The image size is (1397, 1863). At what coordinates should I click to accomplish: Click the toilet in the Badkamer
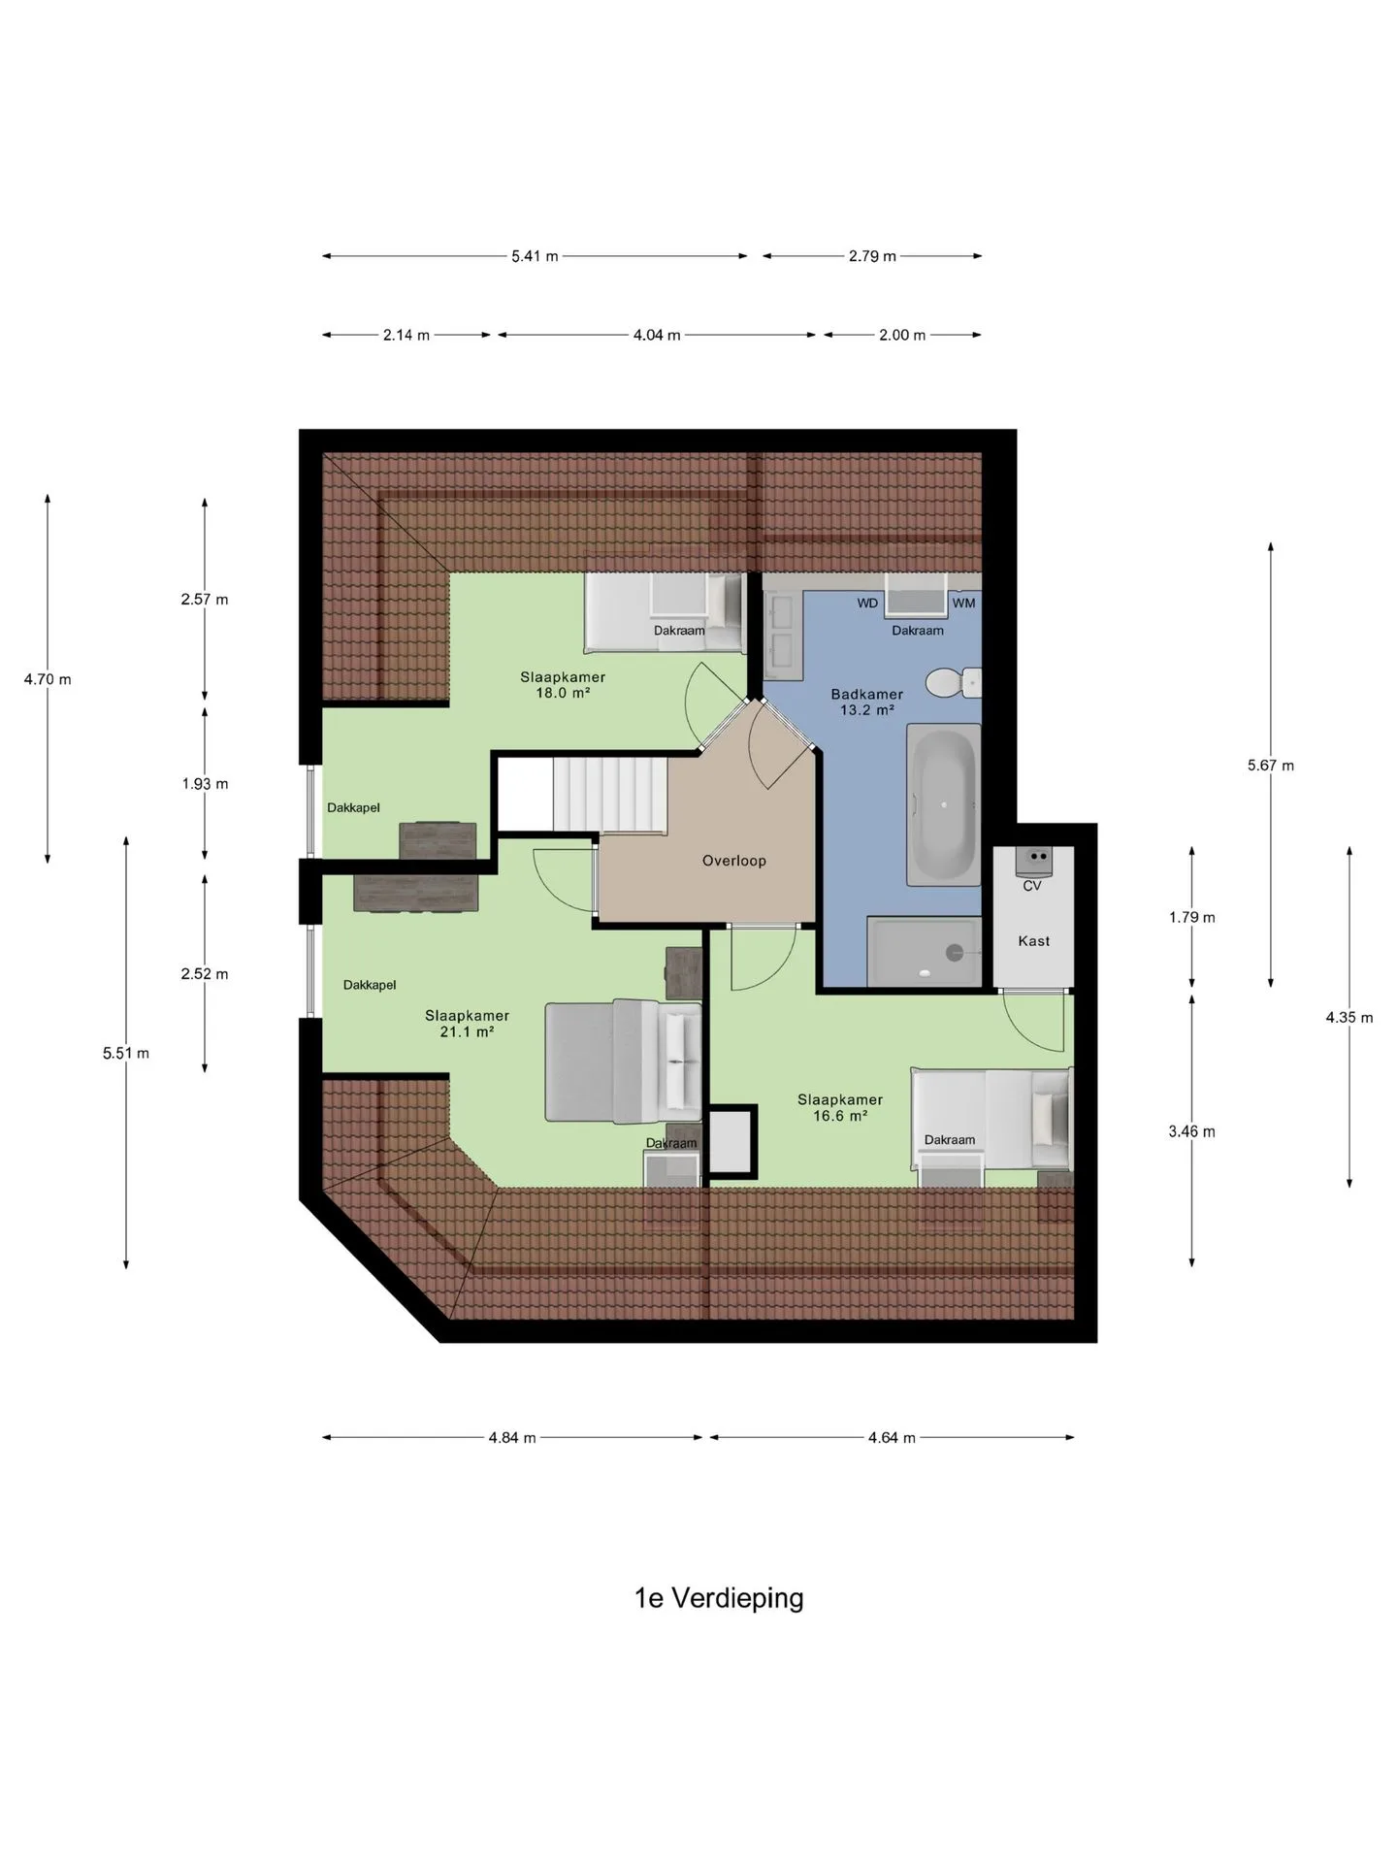tap(953, 682)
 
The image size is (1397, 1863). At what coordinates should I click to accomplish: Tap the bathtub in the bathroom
tap(944, 804)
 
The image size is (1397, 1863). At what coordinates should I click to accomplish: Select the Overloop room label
tap(734, 861)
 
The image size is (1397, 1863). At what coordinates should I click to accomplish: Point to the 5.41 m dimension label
tap(536, 256)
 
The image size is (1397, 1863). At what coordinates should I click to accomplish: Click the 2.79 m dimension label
tap(872, 256)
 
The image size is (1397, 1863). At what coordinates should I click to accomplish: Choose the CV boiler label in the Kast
tap(1032, 886)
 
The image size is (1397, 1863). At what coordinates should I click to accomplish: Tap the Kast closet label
tap(1034, 941)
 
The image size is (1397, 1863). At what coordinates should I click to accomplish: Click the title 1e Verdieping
tap(719, 1598)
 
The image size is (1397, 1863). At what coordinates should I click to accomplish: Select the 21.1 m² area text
tap(468, 1032)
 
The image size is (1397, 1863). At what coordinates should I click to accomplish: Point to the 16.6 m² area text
tap(840, 1116)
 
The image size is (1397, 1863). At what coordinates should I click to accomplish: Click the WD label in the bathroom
tap(867, 604)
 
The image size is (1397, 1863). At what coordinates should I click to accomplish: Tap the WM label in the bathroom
tap(963, 604)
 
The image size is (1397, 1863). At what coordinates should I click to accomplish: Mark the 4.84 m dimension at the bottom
tap(512, 1438)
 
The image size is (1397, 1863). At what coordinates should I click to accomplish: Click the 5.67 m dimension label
tap(1271, 766)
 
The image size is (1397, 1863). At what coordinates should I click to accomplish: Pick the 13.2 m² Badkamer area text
tap(867, 710)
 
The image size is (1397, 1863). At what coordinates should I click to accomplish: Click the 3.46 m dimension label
tap(1192, 1131)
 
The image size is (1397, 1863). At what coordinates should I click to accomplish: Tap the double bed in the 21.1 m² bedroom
tap(623, 1061)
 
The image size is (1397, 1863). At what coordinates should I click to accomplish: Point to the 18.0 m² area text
tap(564, 694)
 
